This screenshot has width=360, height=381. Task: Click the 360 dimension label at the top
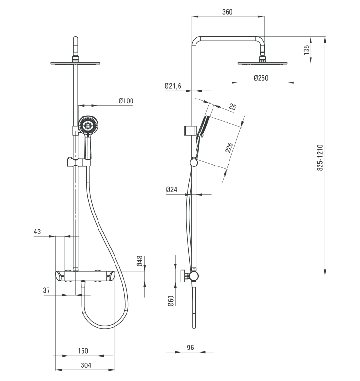[228, 12]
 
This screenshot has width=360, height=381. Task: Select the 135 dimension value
[307, 50]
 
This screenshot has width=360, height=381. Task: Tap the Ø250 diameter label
[261, 78]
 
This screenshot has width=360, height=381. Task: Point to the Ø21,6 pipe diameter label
[173, 86]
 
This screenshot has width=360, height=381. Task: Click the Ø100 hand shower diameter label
[126, 101]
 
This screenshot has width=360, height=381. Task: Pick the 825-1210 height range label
[320, 157]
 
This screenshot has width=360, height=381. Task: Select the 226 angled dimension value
[229, 148]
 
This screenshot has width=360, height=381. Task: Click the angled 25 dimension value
[232, 107]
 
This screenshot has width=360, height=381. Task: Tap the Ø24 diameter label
[172, 189]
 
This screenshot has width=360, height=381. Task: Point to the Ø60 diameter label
[171, 300]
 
